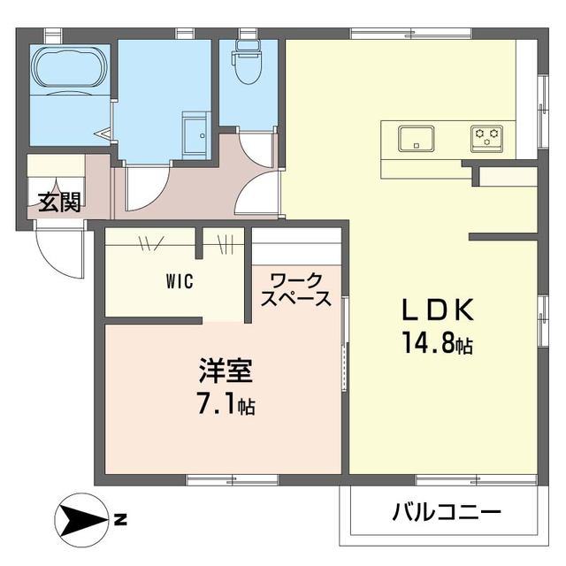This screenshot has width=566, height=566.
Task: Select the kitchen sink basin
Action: (x=415, y=138)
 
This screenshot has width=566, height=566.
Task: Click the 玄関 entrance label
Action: (x=59, y=202)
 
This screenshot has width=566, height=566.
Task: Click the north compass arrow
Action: (x=80, y=517)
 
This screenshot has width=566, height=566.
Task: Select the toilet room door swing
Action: (x=256, y=149)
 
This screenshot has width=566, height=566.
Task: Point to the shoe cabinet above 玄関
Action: (x=55, y=165)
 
